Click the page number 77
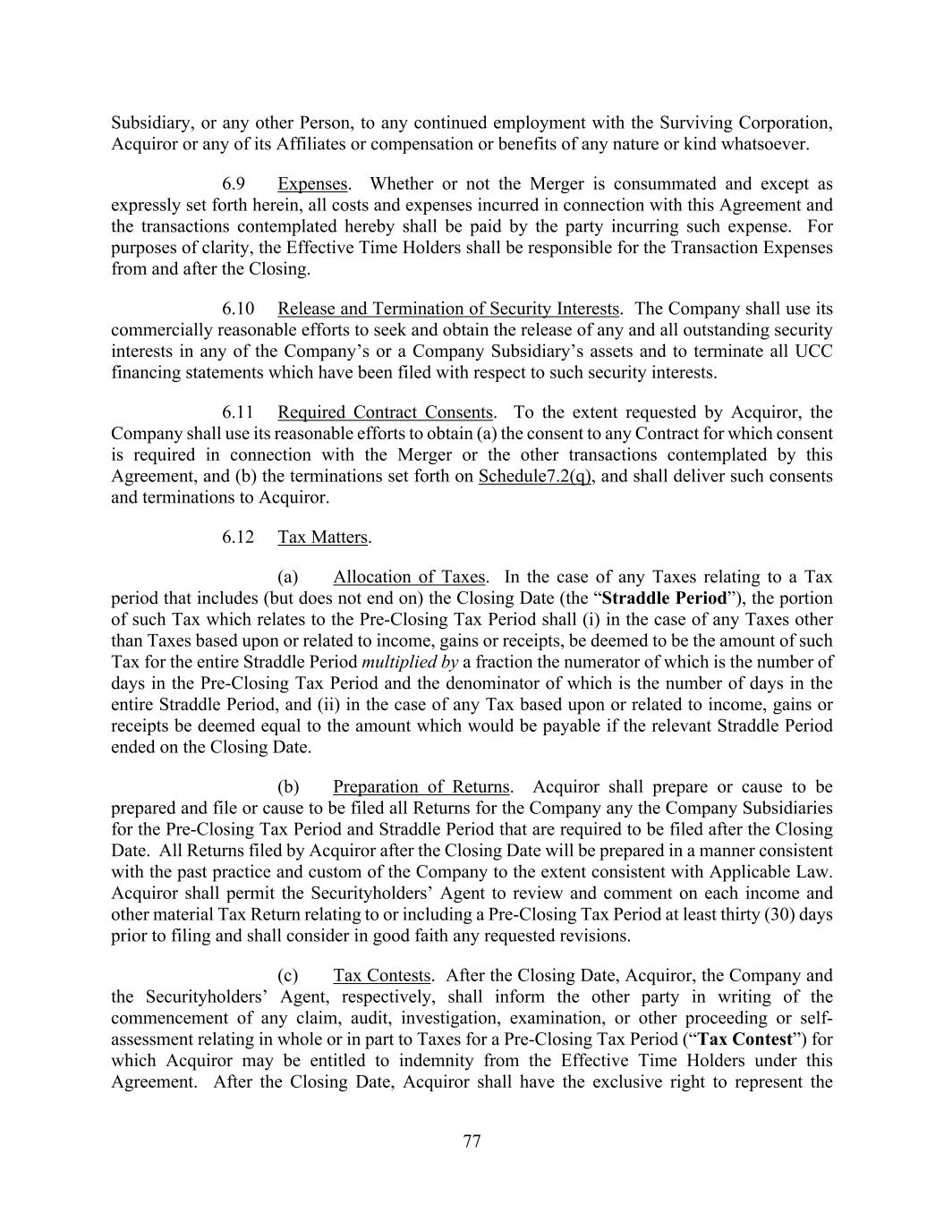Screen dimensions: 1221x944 (472, 1140)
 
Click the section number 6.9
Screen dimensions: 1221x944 (234, 184)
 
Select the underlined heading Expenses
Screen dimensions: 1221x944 (312, 184)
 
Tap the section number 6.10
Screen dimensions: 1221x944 (238, 309)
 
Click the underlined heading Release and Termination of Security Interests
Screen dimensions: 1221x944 (448, 309)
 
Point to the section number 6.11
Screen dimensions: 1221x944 (238, 412)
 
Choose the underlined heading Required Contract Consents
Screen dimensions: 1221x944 (385, 412)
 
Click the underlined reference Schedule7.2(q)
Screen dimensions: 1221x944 (534, 476)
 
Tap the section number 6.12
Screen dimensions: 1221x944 (238, 537)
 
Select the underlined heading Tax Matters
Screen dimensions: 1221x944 (323, 537)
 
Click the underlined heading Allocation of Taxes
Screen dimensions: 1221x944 (409, 577)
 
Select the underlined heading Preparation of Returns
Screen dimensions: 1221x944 (421, 787)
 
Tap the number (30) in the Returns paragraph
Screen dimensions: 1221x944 (783, 914)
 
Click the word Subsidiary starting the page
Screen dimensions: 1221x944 (148, 123)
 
